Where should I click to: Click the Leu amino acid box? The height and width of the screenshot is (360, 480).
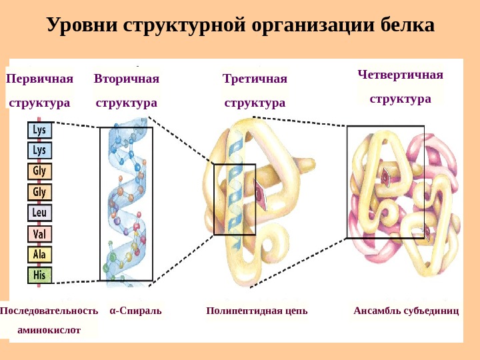(x=39, y=213)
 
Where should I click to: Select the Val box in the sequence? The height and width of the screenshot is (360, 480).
(x=39, y=234)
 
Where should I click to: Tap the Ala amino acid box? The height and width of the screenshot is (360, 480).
(x=39, y=254)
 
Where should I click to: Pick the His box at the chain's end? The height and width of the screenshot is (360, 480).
(x=39, y=274)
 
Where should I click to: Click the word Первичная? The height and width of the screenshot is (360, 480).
(x=39, y=79)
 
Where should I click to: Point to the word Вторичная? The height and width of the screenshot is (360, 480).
(x=127, y=79)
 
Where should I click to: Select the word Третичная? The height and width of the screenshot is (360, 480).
(x=255, y=79)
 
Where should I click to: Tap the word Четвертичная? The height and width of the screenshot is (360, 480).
(x=400, y=74)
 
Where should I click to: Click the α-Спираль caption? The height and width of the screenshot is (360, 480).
(x=135, y=311)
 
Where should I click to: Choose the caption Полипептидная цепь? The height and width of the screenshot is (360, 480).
(x=257, y=311)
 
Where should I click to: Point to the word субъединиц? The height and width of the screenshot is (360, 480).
(x=432, y=311)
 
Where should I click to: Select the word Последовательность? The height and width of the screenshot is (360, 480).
(x=49, y=311)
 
